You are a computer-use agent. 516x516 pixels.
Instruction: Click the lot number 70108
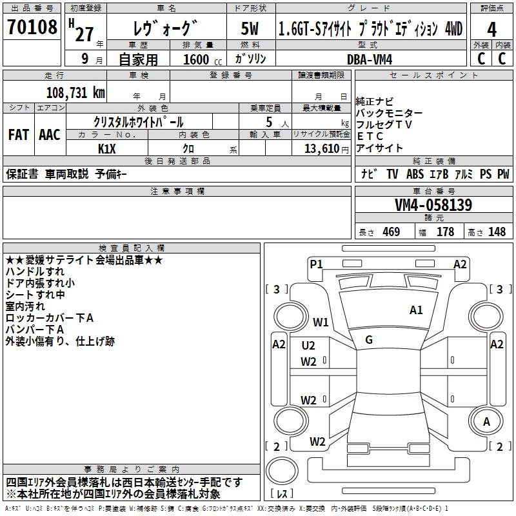tap(32, 28)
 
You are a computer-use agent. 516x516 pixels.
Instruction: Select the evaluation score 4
tap(491, 29)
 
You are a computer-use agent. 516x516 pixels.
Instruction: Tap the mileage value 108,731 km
tap(76, 92)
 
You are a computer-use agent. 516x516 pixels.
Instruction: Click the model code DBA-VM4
tap(370, 59)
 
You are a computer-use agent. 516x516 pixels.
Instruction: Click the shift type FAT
tap(19, 135)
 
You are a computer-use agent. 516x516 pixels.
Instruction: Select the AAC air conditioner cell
tap(50, 135)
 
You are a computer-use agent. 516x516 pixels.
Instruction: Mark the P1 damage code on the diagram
tap(316, 264)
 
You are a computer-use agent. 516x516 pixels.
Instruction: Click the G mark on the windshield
tap(369, 340)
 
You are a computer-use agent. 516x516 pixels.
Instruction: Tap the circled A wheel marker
tap(487, 422)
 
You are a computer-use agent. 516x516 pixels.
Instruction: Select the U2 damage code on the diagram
tap(308, 346)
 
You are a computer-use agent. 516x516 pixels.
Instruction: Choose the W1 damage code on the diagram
tap(321, 322)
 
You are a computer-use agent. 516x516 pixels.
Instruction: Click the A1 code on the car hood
tap(416, 310)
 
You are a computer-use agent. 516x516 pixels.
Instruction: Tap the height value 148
tap(497, 232)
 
